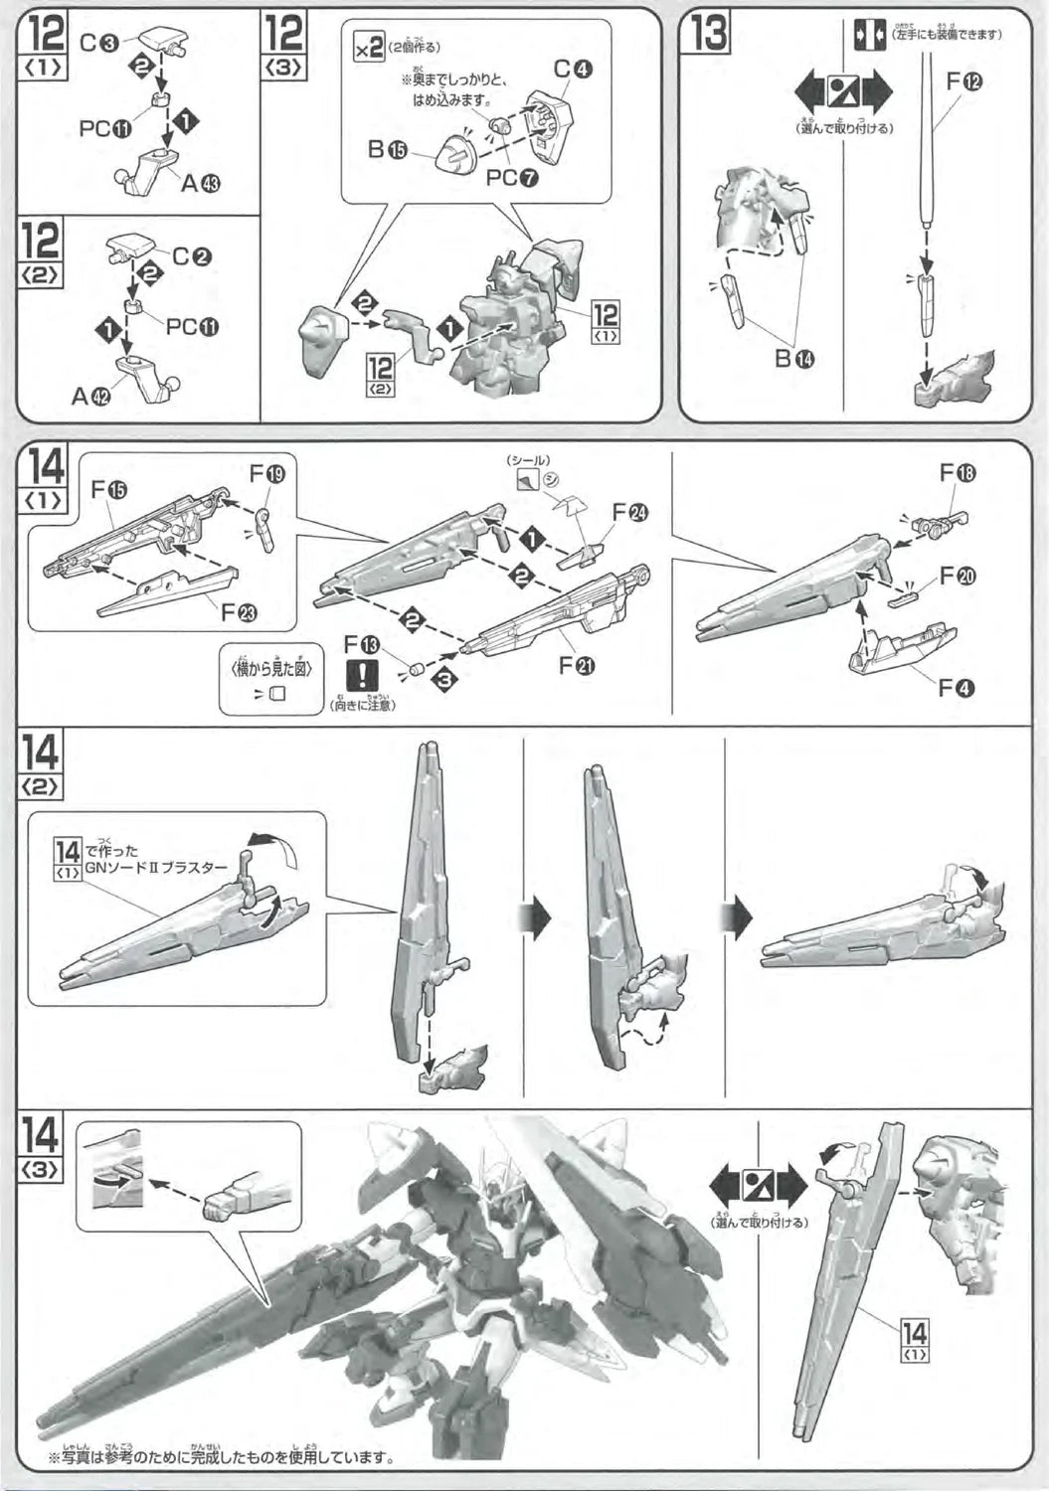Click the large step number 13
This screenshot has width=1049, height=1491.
[x=709, y=34]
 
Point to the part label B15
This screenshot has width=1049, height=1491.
[x=387, y=150]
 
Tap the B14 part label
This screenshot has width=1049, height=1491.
[x=794, y=359]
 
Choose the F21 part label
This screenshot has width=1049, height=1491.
[x=578, y=665]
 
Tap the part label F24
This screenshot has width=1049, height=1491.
[x=630, y=512]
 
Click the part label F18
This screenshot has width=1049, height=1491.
[x=959, y=474]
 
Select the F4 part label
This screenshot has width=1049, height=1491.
[x=957, y=687]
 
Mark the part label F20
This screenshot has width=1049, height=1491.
[x=958, y=576]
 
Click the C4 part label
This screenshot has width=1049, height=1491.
[x=573, y=70]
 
